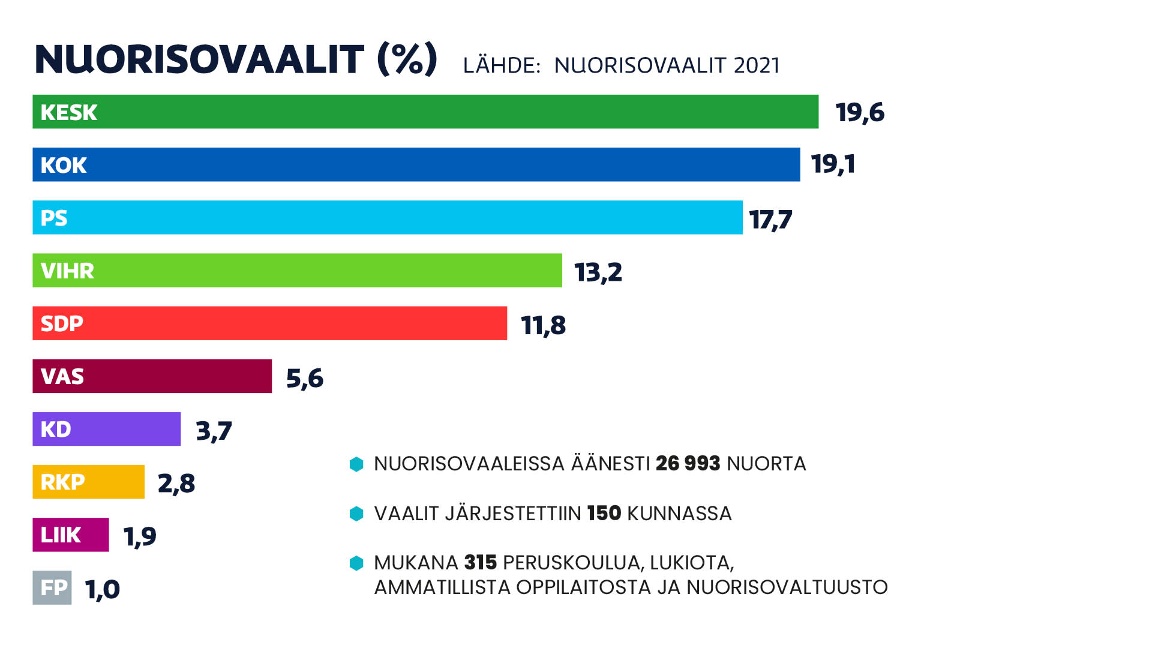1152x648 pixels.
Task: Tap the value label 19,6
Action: click(859, 113)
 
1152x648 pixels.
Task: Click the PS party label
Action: click(54, 218)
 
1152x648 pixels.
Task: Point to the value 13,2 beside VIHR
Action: click(598, 272)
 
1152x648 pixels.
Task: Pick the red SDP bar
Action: click(269, 323)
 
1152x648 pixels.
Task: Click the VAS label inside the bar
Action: click(62, 377)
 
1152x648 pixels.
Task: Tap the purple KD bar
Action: click(106, 429)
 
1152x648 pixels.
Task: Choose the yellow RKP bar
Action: click(88, 482)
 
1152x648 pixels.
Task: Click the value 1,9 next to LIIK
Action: click(139, 536)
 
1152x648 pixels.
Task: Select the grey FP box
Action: click(52, 587)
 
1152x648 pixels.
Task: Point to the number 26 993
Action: click(688, 464)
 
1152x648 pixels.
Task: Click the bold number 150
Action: click(604, 514)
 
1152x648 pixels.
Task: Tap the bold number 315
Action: click(480, 563)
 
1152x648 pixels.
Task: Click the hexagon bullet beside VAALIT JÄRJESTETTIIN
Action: click(356, 514)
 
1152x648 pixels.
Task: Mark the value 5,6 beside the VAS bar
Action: click(304, 379)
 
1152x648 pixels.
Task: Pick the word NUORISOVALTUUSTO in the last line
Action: click(787, 587)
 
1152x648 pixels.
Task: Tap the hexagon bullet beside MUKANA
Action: click(356, 563)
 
